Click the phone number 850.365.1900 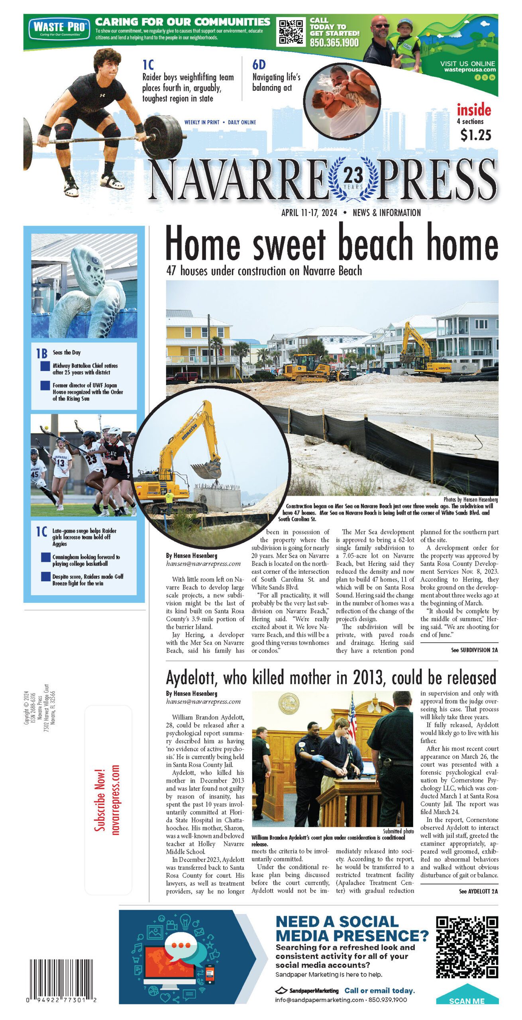point(334,43)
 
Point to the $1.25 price point(475,135)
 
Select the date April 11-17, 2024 point(309,213)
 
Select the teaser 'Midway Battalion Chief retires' point(85,369)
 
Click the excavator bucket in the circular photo point(206,470)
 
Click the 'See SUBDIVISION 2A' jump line point(474,650)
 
